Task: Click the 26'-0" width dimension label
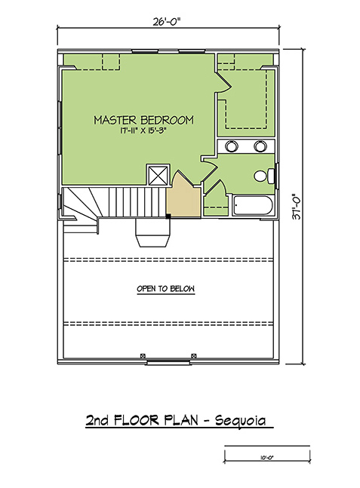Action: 167,22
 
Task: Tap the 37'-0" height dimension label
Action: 297,207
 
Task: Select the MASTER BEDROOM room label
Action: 143,120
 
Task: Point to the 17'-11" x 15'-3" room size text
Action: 142,131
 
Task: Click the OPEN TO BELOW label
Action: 166,289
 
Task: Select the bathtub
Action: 253,205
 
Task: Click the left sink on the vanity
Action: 232,146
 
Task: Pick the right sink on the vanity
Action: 260,146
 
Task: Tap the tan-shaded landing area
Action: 183,196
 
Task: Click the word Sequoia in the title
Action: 241,420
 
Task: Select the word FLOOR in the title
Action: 137,420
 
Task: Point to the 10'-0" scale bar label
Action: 266,458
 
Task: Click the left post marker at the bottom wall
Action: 143,356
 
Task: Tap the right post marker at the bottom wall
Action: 194,356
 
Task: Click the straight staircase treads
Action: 133,202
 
